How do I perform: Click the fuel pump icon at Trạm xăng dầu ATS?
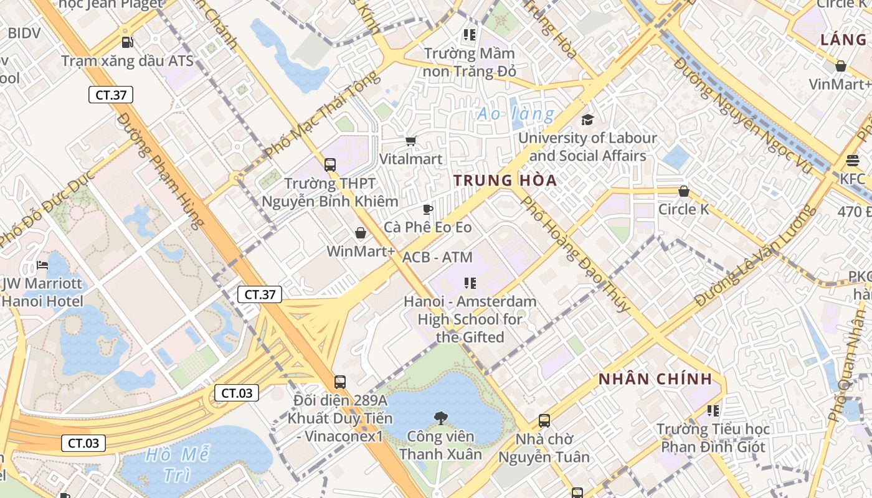(127, 42)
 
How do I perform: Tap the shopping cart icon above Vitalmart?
(410, 141)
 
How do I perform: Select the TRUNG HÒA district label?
(505, 181)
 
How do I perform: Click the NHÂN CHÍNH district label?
(655, 379)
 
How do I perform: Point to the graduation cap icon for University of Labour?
(587, 120)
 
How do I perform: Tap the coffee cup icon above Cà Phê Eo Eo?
(427, 209)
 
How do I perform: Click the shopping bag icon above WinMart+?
(360, 233)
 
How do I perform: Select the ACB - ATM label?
(437, 257)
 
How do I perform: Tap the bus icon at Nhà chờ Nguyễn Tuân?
(544, 421)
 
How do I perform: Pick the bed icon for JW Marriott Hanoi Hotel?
(42, 265)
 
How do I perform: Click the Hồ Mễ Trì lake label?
(177, 464)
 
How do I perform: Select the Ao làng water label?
(515, 115)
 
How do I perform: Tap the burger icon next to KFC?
(853, 161)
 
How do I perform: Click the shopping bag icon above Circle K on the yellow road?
(684, 191)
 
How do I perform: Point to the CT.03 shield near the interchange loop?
(237, 393)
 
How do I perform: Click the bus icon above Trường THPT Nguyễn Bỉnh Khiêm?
(329, 165)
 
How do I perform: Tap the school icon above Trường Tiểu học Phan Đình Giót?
(713, 411)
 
